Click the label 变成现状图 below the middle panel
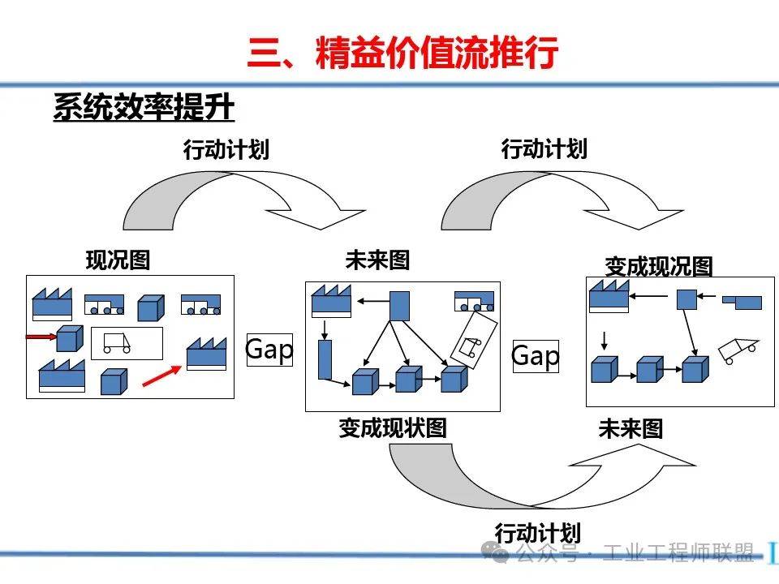pyautogui.click(x=393, y=427)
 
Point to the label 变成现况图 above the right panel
pyautogui.click(x=658, y=266)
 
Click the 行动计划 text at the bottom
pyautogui.click(x=537, y=533)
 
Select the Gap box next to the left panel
pyautogui.click(x=269, y=350)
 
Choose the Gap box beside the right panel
pyautogui.click(x=535, y=355)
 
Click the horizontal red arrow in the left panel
pyautogui.click(x=41, y=335)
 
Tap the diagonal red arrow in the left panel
pyautogui.click(x=161, y=375)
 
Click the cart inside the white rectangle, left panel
pyautogui.click(x=117, y=344)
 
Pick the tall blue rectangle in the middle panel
pyautogui.click(x=325, y=359)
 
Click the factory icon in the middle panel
pyautogui.click(x=331, y=301)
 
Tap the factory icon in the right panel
pyautogui.click(x=609, y=296)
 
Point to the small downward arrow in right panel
pyautogui.click(x=602, y=339)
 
